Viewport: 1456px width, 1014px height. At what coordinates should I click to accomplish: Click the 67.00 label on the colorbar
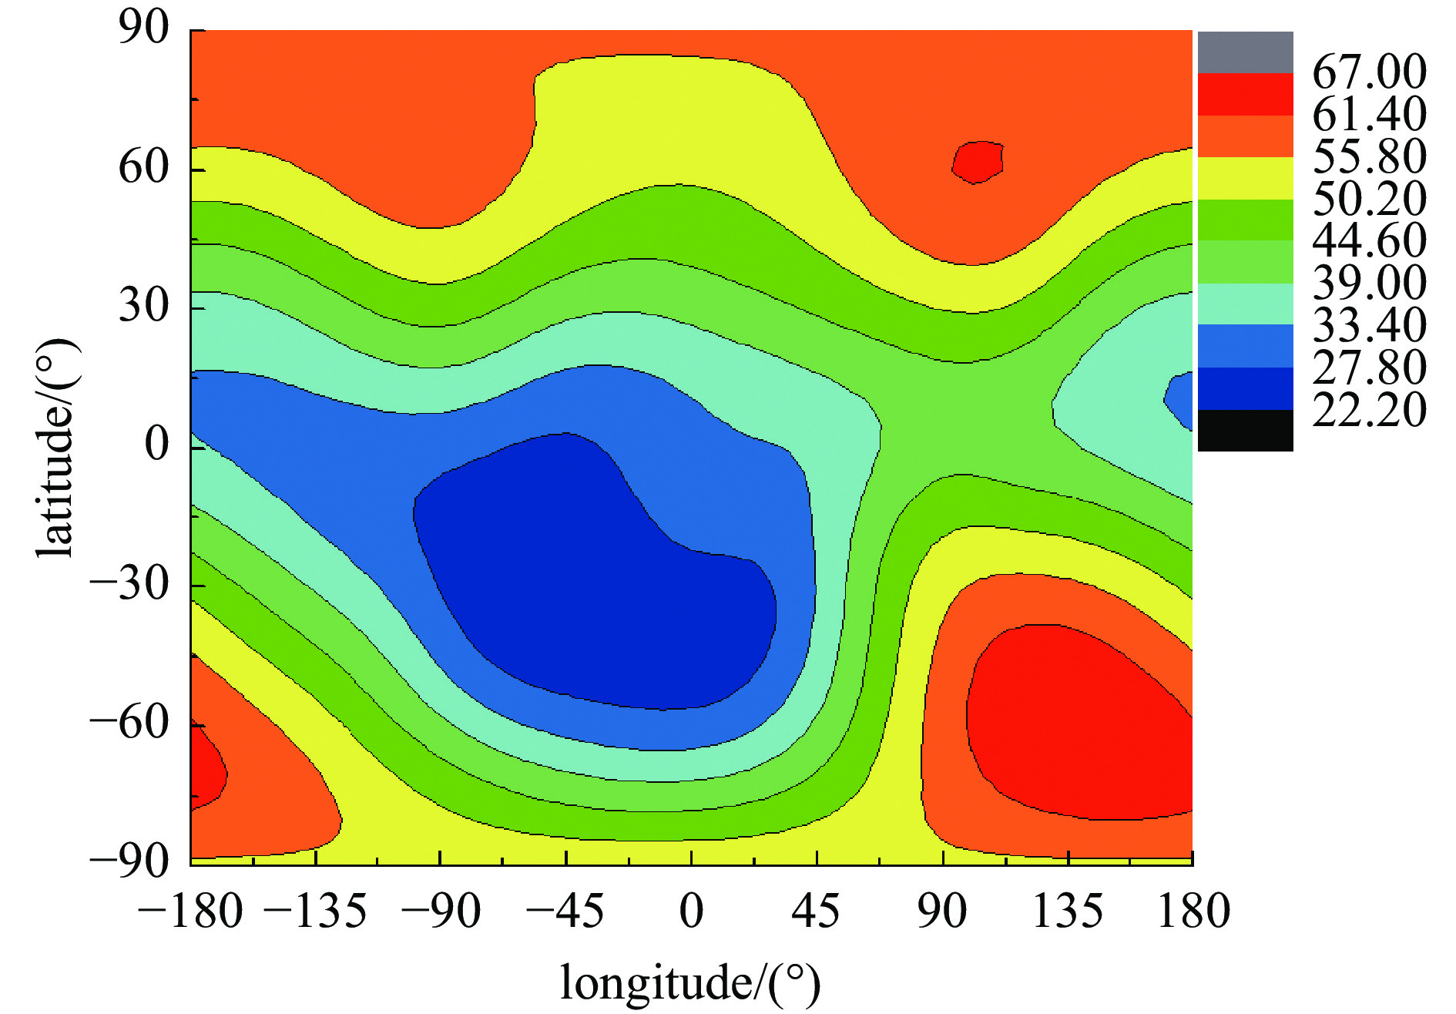point(1369,72)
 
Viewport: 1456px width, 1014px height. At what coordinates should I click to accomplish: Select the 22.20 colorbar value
point(1369,409)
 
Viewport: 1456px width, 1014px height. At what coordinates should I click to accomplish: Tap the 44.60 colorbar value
point(1369,240)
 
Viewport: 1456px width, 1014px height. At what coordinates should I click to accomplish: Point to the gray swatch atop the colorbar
point(1245,52)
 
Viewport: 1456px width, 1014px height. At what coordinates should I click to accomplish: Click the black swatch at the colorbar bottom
point(1245,431)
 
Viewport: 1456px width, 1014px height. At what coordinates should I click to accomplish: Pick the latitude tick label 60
point(143,167)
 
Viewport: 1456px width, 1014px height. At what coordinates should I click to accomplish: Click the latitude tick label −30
point(129,585)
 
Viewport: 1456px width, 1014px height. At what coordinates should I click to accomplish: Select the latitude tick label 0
point(157,445)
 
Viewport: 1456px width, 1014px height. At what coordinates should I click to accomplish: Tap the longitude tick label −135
point(316,912)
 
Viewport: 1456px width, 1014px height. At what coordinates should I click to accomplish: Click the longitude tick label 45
point(816,912)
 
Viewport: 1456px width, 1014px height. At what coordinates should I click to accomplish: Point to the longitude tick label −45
point(565,912)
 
